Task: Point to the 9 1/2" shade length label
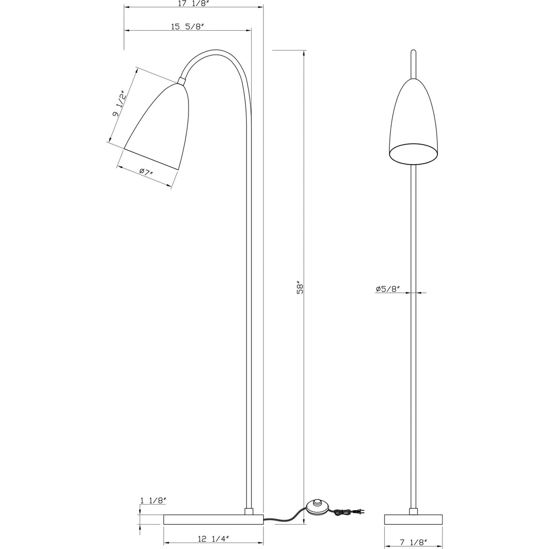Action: pos(118,104)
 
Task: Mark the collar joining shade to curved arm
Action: pos(181,81)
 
